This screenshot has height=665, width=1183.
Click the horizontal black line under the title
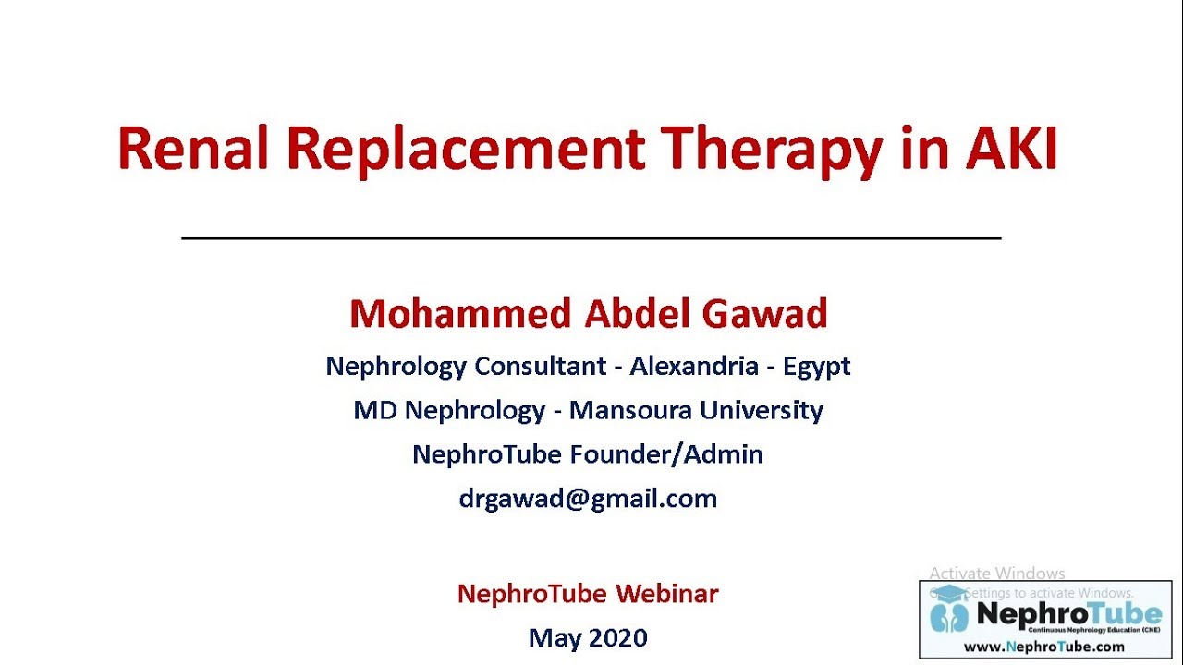click(591, 238)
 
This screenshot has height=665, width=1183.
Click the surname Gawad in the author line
click(764, 314)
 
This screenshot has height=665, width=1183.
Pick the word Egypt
click(816, 367)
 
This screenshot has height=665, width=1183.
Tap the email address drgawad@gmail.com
click(588, 499)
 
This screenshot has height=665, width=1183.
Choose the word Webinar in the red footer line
click(667, 593)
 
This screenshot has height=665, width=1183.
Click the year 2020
click(617, 637)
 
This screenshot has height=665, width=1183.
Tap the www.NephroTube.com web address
click(1044, 647)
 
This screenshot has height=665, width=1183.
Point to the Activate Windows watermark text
click(996, 574)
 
